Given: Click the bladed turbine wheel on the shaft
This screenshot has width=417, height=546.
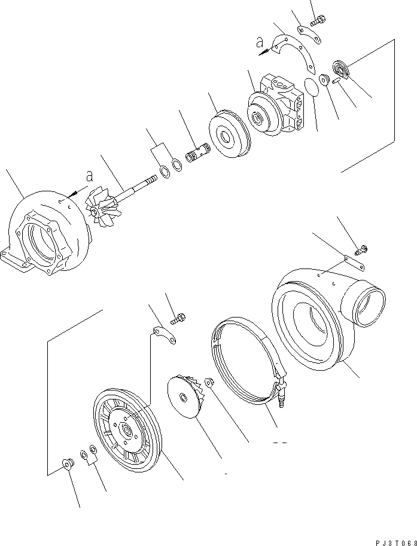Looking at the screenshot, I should pos(99,206).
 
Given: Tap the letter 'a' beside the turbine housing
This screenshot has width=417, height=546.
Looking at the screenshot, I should pos(89,177).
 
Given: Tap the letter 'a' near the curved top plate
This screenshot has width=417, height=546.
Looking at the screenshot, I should pos(259,42).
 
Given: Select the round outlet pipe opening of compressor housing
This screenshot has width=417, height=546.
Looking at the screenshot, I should pos(370,302).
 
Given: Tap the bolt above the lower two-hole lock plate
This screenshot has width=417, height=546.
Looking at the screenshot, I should pos(178,321).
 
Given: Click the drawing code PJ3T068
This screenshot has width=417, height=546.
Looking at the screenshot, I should pos(395,542).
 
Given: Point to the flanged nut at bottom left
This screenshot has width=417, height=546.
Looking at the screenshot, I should pos(68,463).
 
